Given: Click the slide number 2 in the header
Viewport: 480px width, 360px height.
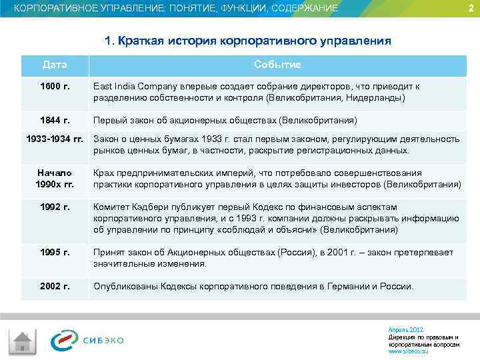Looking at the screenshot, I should pyautogui.click(x=470, y=8).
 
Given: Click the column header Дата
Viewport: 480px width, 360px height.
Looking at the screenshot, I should pyautogui.click(x=55, y=65).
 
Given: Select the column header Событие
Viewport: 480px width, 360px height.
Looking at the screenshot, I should pyautogui.click(x=277, y=65).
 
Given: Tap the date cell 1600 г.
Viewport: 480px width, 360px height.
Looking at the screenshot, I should pyautogui.click(x=55, y=87).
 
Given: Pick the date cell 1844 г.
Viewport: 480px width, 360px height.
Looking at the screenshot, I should pyautogui.click(x=55, y=120).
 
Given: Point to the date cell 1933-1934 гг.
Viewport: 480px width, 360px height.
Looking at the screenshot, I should pyautogui.click(x=55, y=139).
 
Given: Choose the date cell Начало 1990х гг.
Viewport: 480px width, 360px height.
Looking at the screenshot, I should pyautogui.click(x=55, y=178).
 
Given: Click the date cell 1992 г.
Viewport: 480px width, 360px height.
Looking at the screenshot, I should pyautogui.click(x=55, y=207).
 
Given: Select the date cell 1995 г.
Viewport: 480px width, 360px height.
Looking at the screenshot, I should pyautogui.click(x=55, y=252).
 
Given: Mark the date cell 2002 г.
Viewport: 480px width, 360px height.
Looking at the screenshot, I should pyautogui.click(x=55, y=286).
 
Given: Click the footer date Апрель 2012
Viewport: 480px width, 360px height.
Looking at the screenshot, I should pyautogui.click(x=405, y=330).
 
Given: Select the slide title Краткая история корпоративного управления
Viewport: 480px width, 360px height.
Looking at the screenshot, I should pyautogui.click(x=247, y=41).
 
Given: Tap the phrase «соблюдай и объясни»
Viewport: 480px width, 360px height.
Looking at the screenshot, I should pyautogui.click(x=273, y=230).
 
